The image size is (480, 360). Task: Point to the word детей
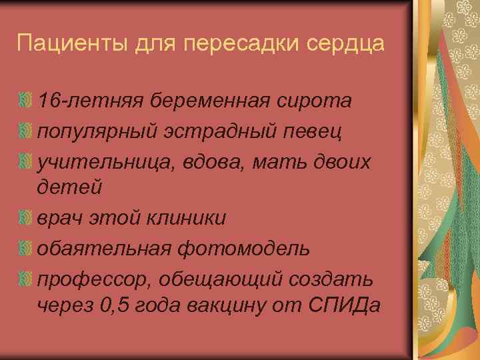click(x=70, y=187)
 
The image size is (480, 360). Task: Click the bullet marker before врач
click(x=25, y=218)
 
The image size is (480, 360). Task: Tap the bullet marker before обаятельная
click(x=25, y=248)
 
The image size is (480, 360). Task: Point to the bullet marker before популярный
click(x=25, y=131)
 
